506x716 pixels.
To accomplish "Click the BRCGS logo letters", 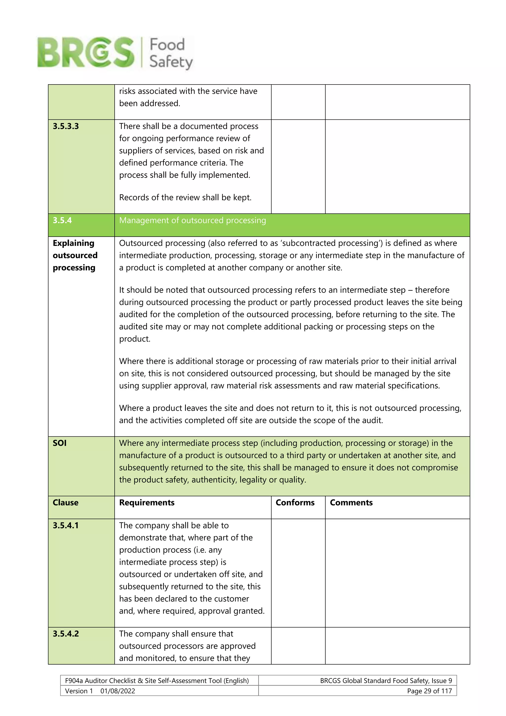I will pos(86,52).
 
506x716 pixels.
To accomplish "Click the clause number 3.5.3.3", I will pos(66,126).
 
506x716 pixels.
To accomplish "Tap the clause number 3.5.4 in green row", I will pos(62,221).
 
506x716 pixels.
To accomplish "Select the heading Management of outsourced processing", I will pos(192,221).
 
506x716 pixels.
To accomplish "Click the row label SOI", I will pos(60,443).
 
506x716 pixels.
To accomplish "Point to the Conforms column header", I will pos(295,503).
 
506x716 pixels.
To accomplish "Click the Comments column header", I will pos(351,503).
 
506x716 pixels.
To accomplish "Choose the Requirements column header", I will pos(147,503).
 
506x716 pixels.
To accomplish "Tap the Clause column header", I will pos(65,503).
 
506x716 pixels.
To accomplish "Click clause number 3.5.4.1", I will pos(66,525).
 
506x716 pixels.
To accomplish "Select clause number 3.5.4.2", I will pos(66,634).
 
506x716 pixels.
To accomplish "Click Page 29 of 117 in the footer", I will pos(429,691).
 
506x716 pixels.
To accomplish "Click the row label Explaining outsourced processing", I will pos(75,255).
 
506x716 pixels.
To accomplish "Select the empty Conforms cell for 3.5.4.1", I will pos(298,573).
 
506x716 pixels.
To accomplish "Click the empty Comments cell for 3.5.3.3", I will pos(397,167).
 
